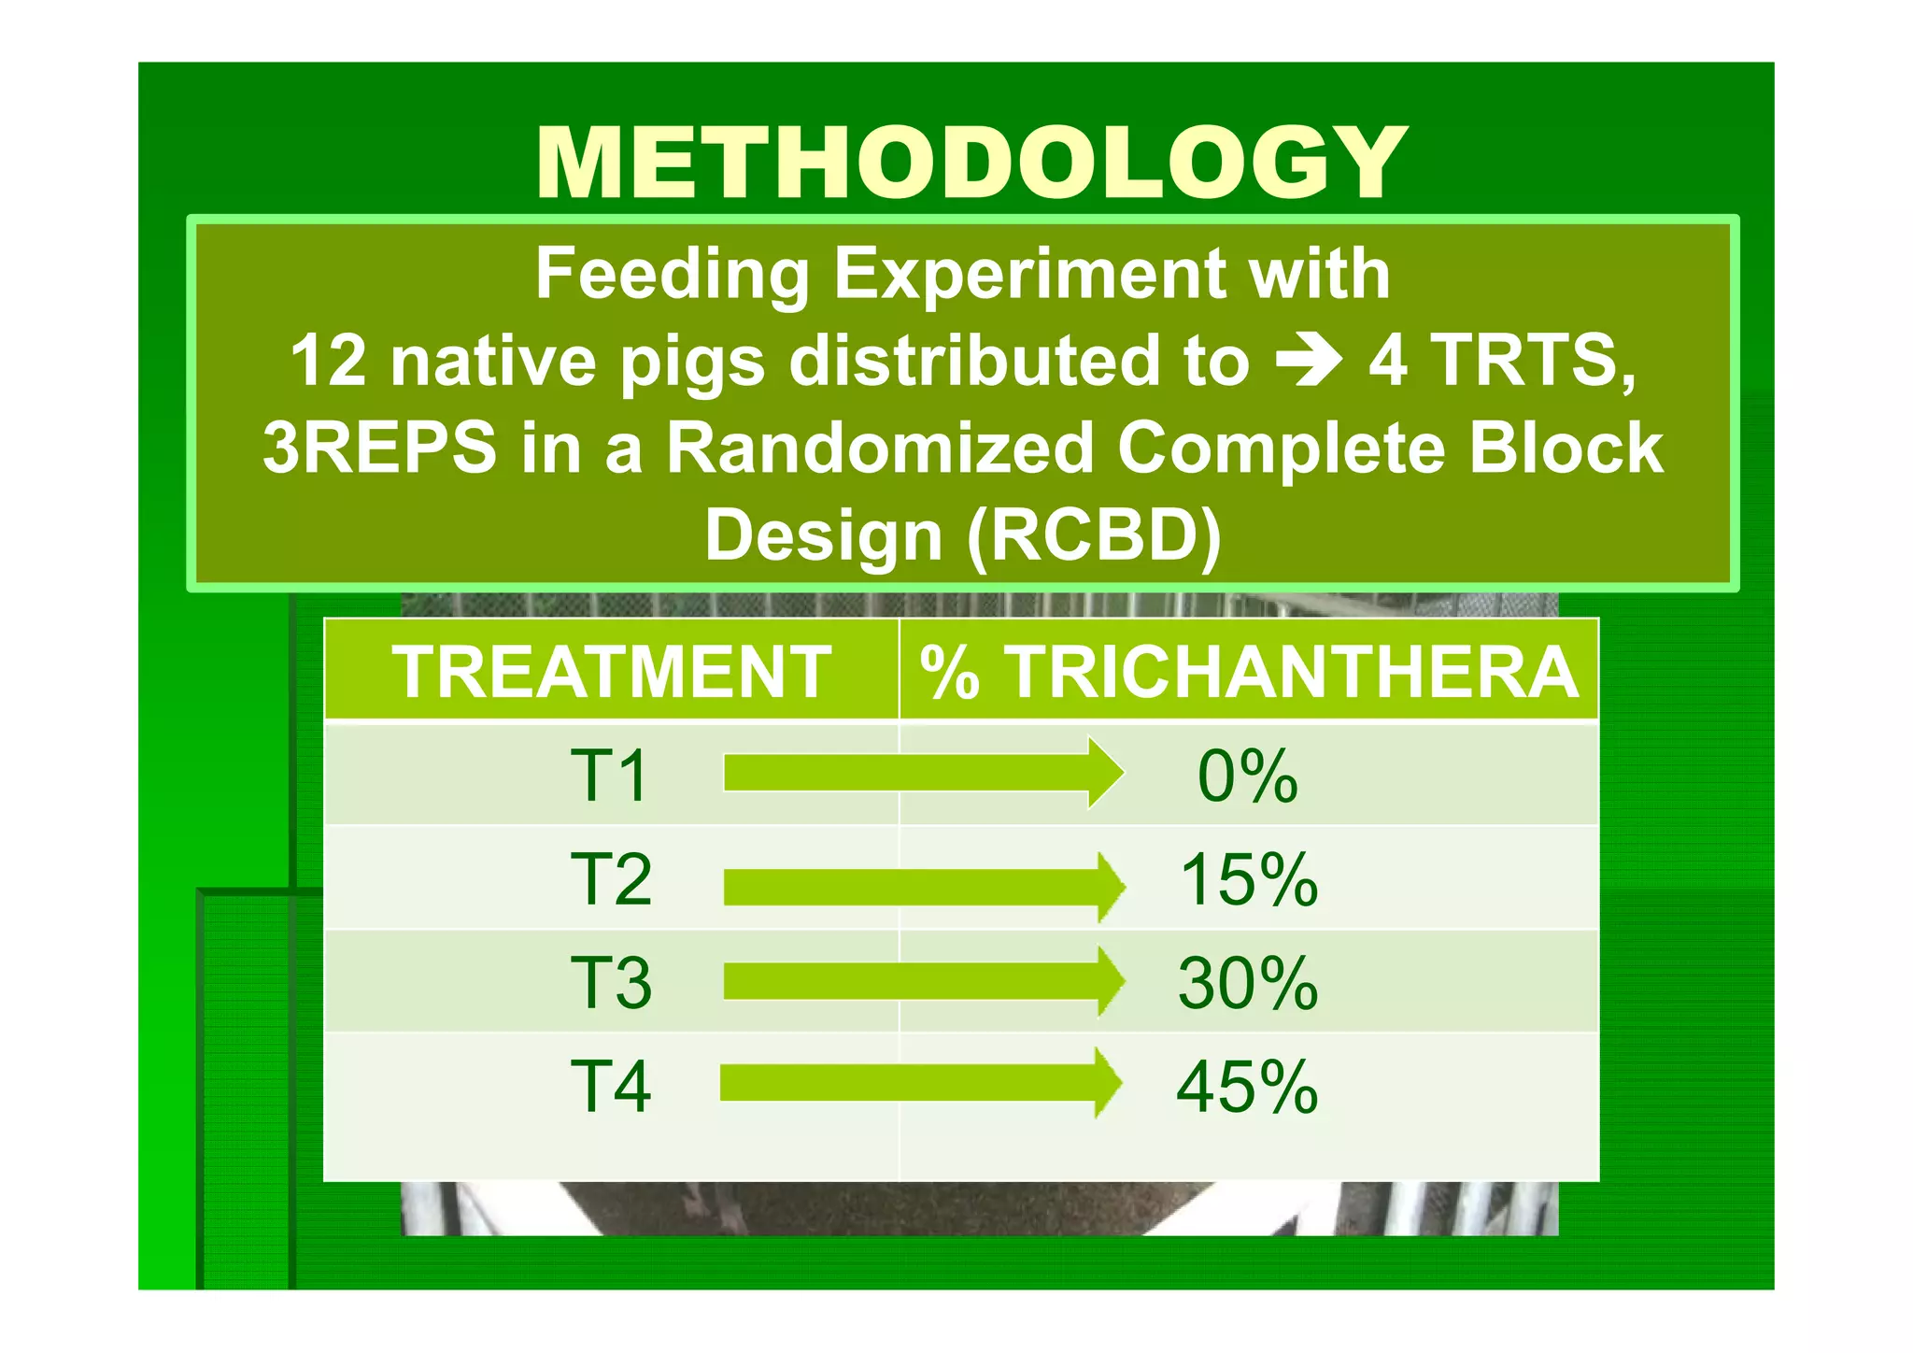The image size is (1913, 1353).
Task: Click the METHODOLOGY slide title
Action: click(971, 164)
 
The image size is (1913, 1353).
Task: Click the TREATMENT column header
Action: click(611, 672)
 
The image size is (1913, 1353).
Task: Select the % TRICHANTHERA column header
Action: click(1249, 672)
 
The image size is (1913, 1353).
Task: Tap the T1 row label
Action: click(609, 776)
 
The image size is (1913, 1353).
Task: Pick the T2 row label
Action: click(611, 879)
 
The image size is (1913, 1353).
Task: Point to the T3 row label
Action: click(611, 983)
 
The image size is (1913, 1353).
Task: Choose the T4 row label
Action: click(611, 1087)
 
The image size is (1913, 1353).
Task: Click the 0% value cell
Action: click(1248, 776)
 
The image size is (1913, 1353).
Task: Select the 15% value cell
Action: click(1249, 879)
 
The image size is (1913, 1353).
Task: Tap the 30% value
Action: click(1248, 983)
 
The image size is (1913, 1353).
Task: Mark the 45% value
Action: click(1248, 1087)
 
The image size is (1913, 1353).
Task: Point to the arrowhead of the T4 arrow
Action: click(1109, 1083)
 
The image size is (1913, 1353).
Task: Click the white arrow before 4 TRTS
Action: click(1310, 362)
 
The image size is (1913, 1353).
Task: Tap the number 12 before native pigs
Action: click(328, 362)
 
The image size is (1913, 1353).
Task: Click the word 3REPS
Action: click(379, 448)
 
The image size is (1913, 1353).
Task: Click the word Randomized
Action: click(879, 448)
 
